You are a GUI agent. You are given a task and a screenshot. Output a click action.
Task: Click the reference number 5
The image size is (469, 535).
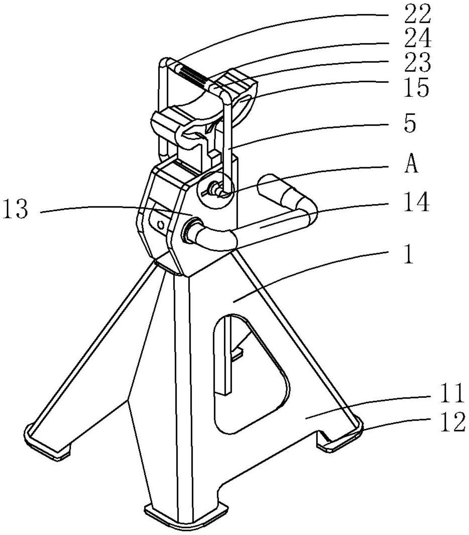pos(410,124)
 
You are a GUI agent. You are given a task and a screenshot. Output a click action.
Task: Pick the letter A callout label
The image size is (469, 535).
pos(411,165)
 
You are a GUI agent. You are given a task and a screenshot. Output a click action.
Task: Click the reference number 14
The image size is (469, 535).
pos(417,204)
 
